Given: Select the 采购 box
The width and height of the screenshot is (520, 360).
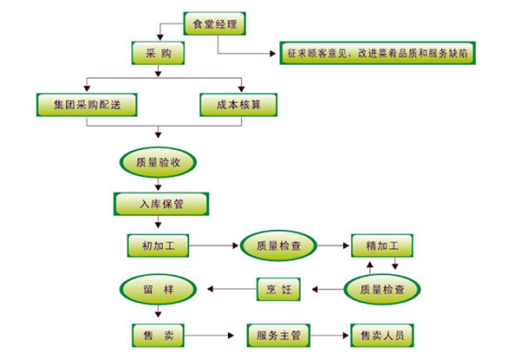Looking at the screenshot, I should coord(157,54).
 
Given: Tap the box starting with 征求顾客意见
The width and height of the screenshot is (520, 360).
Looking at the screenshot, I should coord(380,54).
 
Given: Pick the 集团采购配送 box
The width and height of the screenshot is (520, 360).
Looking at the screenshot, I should coord(88,104).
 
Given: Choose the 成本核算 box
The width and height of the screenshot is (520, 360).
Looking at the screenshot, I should coord(239,104).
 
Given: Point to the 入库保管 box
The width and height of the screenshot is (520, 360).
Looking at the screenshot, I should coord(161,204).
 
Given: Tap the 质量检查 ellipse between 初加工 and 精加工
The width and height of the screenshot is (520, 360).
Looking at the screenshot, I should coord(278,246).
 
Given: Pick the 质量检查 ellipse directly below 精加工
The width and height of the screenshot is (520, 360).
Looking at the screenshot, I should coord(382,289).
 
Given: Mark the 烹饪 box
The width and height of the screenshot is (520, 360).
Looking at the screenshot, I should coord(278,289).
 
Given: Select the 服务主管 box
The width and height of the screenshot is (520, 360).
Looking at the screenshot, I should coord(278,334).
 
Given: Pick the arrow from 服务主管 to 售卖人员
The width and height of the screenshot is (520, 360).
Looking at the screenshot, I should coord(333,334).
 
